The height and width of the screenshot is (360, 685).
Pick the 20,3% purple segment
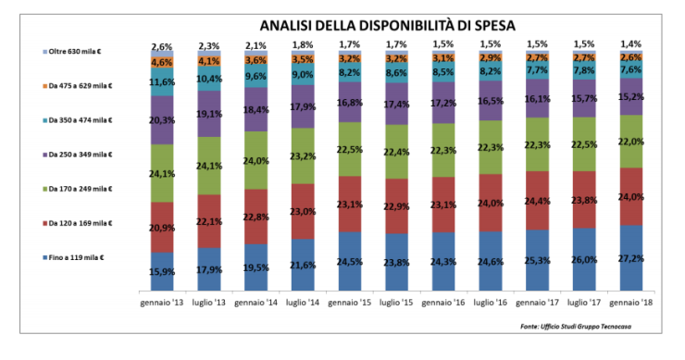point(162,119)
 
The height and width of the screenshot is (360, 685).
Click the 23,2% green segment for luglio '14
point(304,156)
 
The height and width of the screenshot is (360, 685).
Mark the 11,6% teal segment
point(162,82)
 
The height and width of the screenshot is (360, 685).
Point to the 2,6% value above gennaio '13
point(162,46)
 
